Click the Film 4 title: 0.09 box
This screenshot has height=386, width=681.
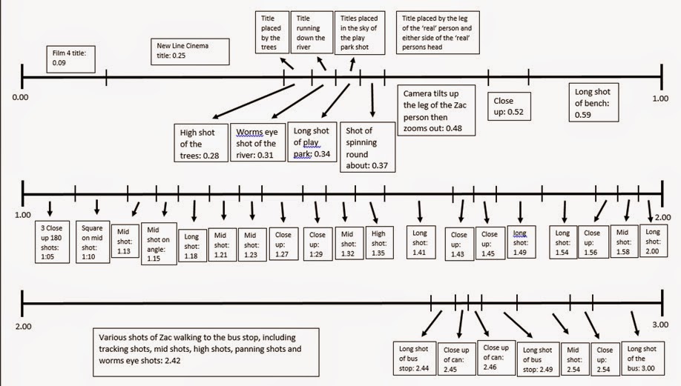[x=70, y=59]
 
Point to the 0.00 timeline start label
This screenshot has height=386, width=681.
[x=20, y=97]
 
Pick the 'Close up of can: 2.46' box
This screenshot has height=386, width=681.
[x=496, y=357]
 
